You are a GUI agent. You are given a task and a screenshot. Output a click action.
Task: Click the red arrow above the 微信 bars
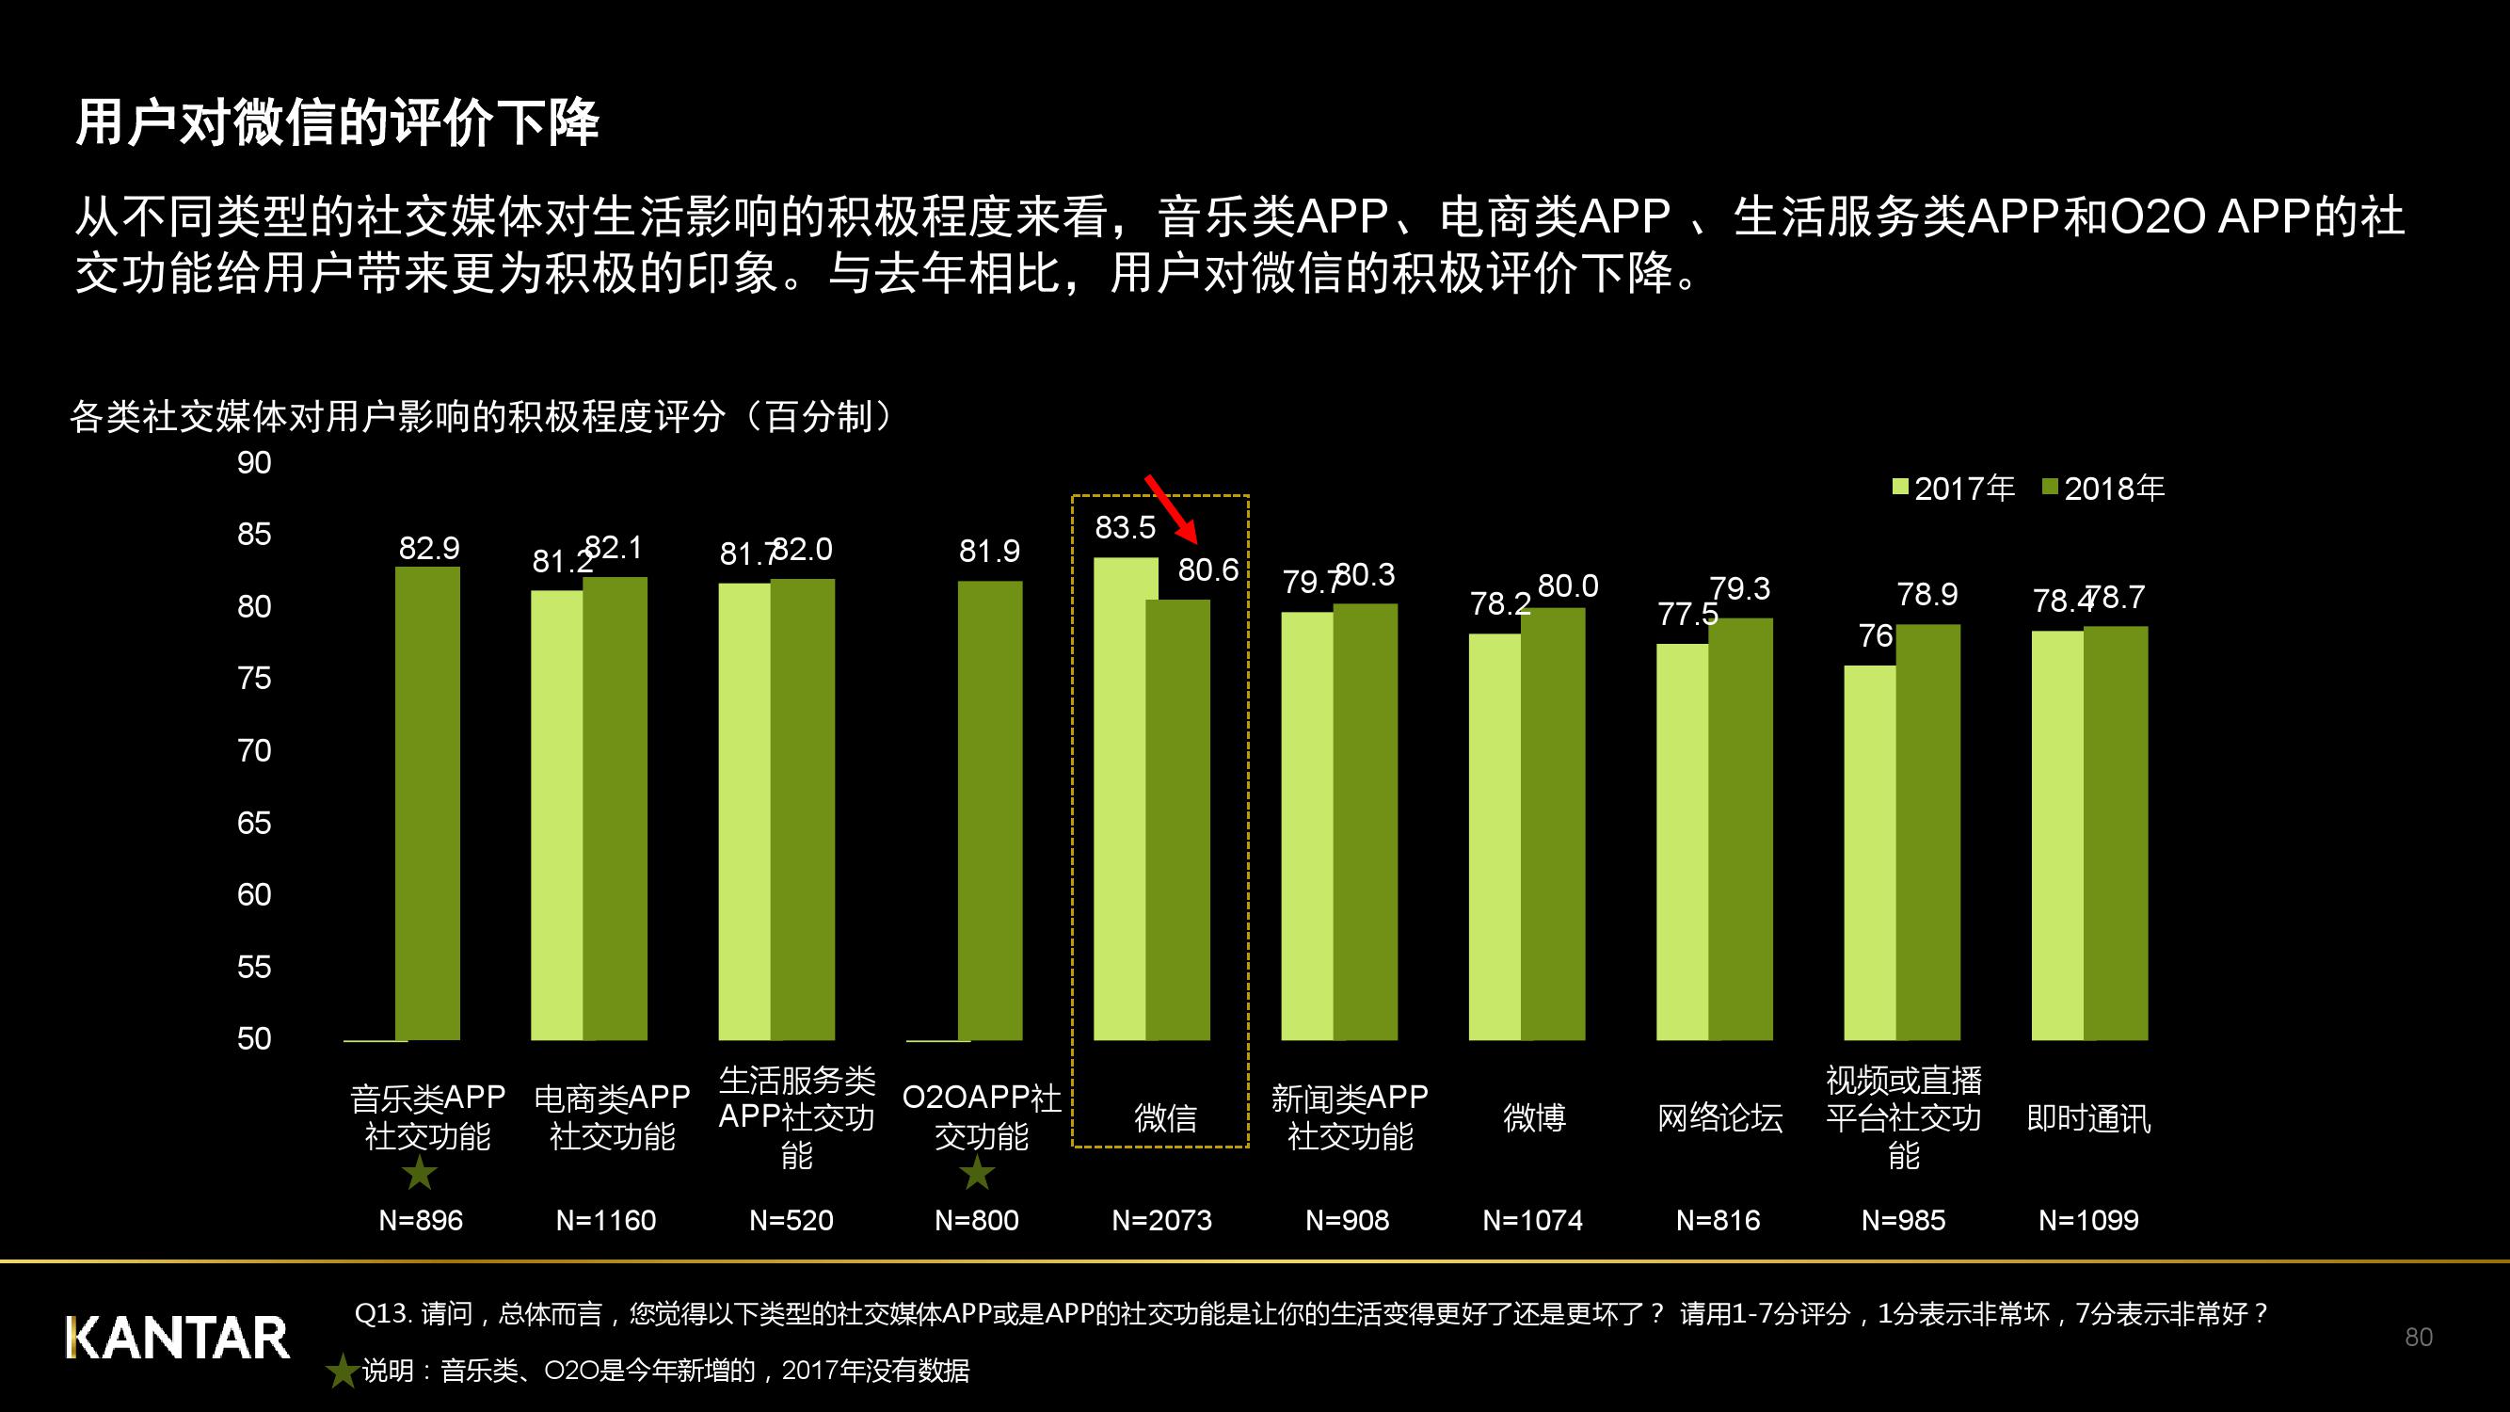click(1170, 507)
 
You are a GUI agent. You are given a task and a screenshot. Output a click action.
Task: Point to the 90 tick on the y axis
click(254, 463)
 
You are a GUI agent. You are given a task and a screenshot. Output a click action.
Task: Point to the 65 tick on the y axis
click(254, 824)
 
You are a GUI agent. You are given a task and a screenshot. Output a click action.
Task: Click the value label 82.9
click(429, 548)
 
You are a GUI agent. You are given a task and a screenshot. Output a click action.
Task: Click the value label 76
click(1875, 636)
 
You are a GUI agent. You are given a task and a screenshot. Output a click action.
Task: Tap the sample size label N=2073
click(1161, 1220)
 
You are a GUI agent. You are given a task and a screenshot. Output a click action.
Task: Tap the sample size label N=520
click(791, 1220)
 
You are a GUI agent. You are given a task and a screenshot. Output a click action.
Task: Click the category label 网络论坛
click(1719, 1116)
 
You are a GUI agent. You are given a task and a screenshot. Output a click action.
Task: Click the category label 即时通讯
click(2088, 1116)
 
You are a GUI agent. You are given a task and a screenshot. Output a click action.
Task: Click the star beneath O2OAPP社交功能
click(977, 1173)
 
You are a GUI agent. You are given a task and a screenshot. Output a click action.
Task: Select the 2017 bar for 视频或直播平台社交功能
click(1870, 853)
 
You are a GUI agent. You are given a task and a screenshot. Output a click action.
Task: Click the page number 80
click(2419, 1337)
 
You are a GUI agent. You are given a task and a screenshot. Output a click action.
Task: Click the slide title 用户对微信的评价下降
click(337, 122)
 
